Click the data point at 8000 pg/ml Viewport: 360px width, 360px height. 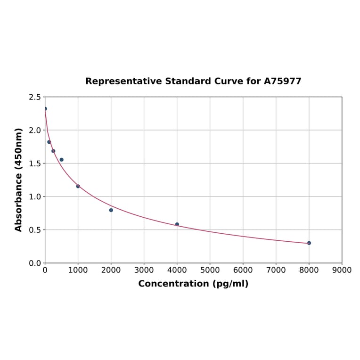coord(309,243)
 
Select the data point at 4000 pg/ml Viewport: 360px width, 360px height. coord(177,224)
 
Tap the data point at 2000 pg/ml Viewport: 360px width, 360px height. coord(111,210)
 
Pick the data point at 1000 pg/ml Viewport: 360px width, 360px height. coord(78,186)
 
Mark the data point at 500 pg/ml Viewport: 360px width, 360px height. coord(62,160)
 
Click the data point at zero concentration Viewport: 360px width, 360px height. coord(45,109)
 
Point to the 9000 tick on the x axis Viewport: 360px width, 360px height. coord(342,270)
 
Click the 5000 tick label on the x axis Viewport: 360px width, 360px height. coord(210,270)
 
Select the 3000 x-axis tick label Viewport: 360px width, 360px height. coord(144,270)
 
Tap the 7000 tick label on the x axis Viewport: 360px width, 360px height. coord(276,270)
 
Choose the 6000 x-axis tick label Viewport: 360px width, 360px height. coord(243,270)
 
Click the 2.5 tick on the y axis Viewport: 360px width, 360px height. coord(35,97)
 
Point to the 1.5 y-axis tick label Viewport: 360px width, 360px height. coord(35,164)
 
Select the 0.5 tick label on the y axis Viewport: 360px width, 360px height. coord(35,230)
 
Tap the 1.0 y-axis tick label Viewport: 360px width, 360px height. coord(35,196)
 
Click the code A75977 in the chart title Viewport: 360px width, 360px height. coord(282,82)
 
